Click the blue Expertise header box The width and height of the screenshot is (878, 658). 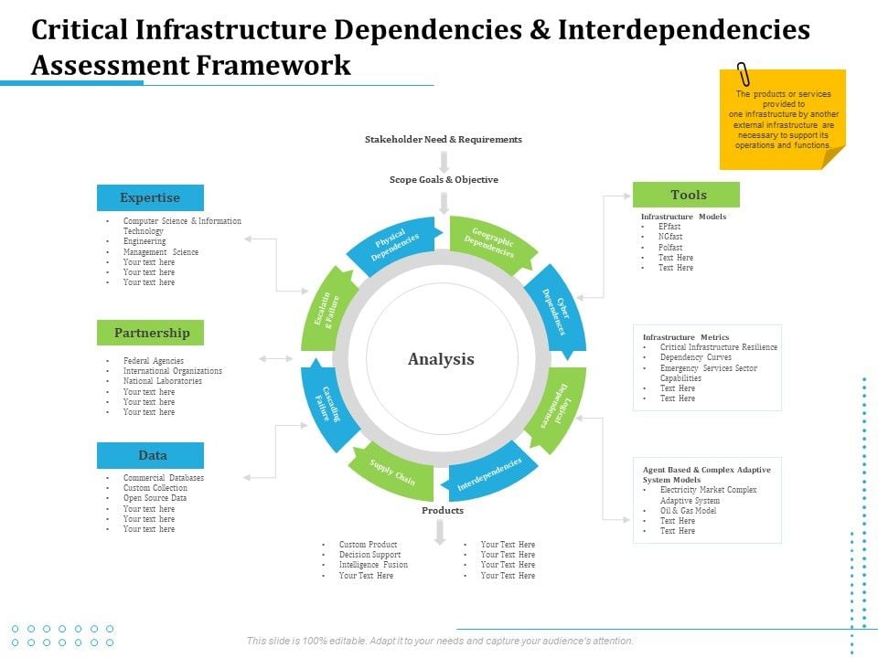(150, 197)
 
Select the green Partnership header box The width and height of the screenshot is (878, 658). (151, 333)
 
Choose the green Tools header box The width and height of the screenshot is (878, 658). (687, 195)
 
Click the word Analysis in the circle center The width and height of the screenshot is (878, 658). (441, 359)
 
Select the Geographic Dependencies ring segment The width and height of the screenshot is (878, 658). (491, 243)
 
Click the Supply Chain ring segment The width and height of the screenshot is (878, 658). (392, 472)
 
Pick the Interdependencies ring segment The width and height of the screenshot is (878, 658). (488, 473)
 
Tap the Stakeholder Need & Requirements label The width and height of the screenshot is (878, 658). (444, 140)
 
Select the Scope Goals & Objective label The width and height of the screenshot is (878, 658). (444, 180)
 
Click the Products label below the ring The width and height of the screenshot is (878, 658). (443, 511)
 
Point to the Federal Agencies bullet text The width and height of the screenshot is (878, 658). (154, 361)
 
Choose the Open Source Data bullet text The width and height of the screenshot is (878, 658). (155, 498)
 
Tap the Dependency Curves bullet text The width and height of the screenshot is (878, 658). (695, 357)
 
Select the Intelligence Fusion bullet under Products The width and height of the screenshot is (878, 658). (373, 565)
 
